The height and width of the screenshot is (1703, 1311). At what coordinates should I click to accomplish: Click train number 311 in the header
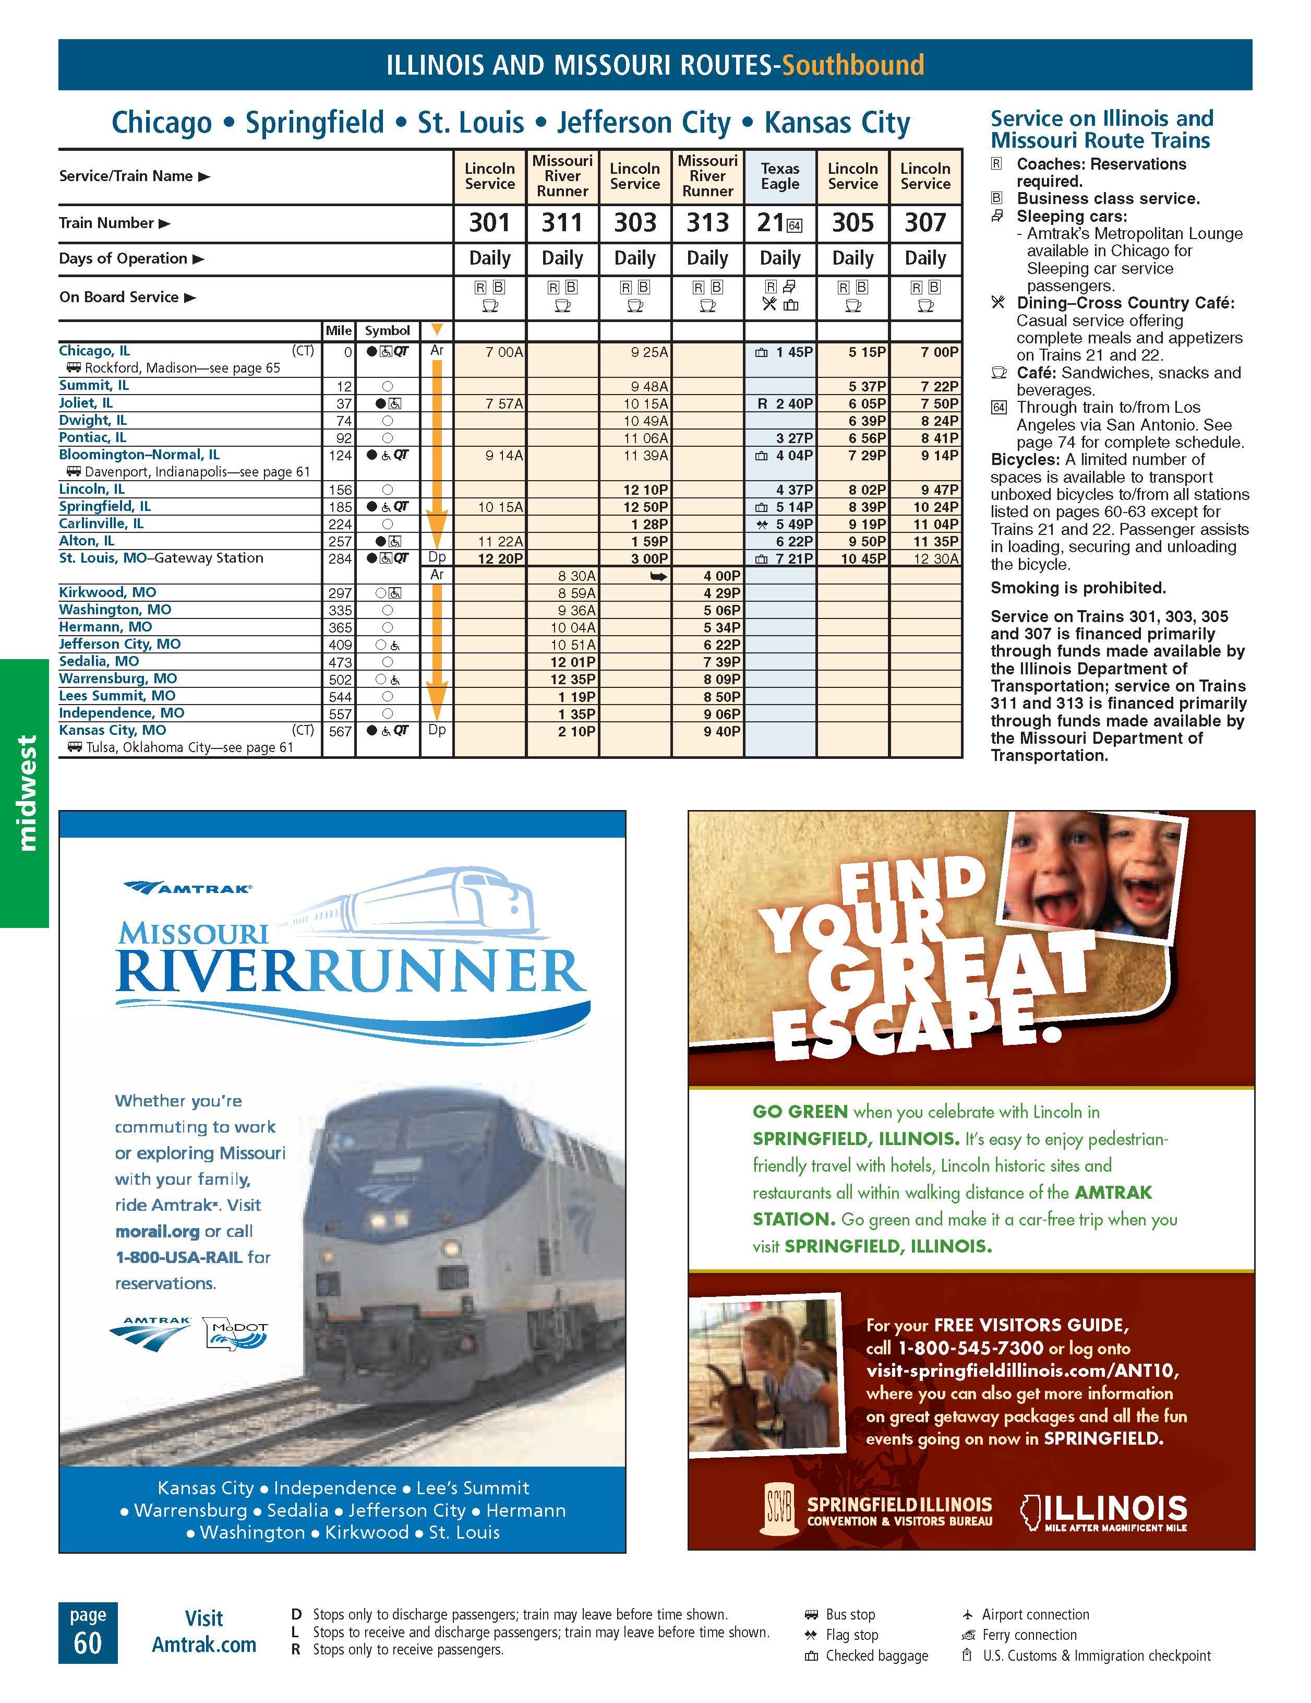[x=562, y=223]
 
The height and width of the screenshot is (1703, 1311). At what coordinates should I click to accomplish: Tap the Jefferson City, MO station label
[x=119, y=644]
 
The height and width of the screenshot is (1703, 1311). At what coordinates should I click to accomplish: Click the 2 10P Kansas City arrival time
[x=577, y=731]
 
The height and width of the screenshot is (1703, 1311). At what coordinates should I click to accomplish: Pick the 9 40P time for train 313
[x=721, y=731]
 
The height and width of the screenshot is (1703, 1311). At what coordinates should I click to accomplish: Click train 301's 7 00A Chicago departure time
[x=503, y=352]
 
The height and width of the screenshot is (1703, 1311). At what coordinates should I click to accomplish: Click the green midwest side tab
[x=26, y=792]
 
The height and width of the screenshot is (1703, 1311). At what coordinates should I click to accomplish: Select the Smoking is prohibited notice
[x=1078, y=588]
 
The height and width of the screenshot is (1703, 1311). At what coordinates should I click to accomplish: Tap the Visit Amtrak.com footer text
[x=203, y=1631]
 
